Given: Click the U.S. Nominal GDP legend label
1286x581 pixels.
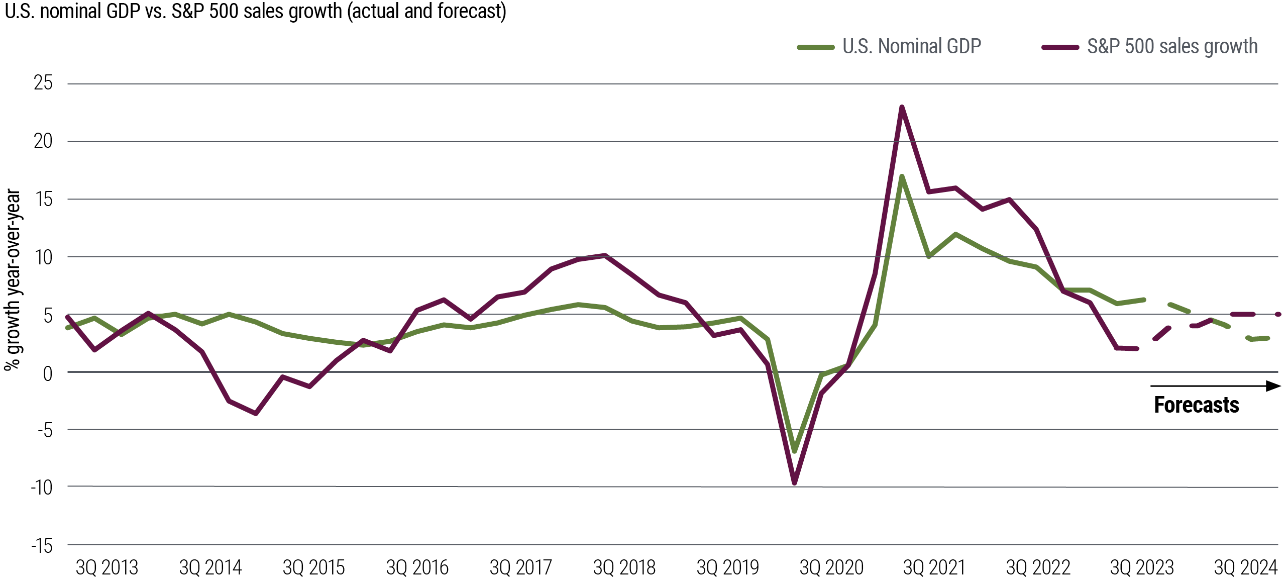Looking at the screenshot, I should point(911,47).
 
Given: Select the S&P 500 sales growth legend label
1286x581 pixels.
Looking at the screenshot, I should point(1172,47).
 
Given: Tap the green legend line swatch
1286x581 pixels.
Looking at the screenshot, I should point(815,47).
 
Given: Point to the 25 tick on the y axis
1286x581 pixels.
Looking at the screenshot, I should point(43,83).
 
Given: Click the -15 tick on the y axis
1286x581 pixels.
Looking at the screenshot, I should point(42,545).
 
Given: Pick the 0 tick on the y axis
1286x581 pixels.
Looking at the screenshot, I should point(47,373).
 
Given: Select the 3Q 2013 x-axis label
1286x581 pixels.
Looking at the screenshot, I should point(106,568).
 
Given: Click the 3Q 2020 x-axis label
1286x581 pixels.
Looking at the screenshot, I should point(831,568).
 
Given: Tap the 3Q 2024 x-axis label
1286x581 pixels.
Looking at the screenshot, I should point(1245,568).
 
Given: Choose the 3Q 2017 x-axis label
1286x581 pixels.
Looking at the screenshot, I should point(520,568).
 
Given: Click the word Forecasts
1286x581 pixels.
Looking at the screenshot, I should point(1196,405).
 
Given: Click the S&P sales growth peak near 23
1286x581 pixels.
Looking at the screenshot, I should point(902,107).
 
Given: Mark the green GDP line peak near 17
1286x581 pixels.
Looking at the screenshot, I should point(902,176).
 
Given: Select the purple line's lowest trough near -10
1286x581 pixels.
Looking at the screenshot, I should point(794,483).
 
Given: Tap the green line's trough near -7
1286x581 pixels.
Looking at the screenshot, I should point(794,451).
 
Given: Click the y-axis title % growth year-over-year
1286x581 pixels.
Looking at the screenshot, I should point(12,279).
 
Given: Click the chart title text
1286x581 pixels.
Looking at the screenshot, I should point(255,11).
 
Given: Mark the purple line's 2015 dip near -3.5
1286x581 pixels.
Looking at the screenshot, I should point(256,414).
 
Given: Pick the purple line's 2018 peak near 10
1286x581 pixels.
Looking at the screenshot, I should point(605,255).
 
